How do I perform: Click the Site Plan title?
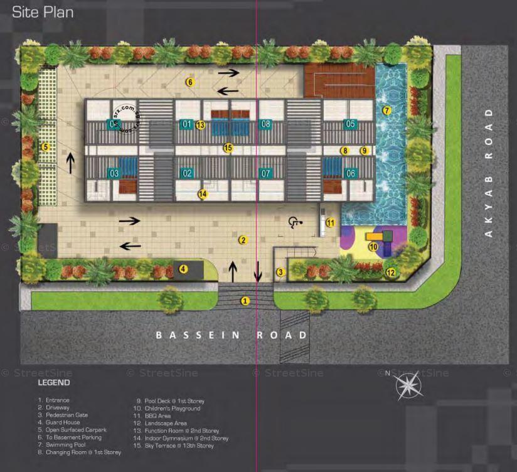(43, 13)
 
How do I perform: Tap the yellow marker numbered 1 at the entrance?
(245, 301)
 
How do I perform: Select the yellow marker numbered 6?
(189, 82)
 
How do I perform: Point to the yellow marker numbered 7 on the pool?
(386, 110)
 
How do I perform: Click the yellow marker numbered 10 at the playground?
(373, 247)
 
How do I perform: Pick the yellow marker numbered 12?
(390, 272)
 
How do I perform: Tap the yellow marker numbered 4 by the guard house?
(183, 269)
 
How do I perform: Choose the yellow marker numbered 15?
(228, 148)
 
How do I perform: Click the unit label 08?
(265, 124)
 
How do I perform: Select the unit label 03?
(114, 173)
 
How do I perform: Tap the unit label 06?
(350, 173)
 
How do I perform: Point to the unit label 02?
(187, 173)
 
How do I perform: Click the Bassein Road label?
(232, 335)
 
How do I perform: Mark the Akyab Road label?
(489, 172)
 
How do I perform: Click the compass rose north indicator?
(408, 384)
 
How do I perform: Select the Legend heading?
(54, 382)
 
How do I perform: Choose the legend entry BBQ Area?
(154, 416)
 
